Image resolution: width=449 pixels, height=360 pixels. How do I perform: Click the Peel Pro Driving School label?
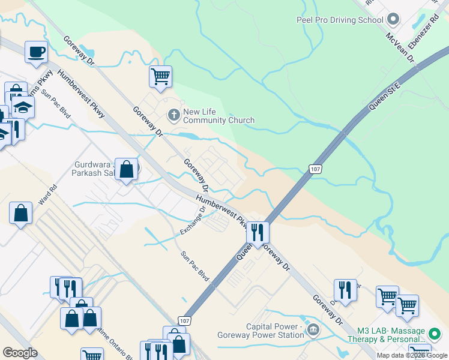[x=340, y=20]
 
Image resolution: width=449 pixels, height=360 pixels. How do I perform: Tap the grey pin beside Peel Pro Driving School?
[x=393, y=20]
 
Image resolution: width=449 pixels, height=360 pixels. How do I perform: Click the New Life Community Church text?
[x=218, y=116]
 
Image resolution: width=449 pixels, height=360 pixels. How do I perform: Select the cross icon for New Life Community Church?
[x=173, y=115]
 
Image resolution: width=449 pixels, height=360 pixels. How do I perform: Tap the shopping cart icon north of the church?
[x=160, y=76]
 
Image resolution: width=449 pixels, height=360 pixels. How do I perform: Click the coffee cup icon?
[x=36, y=52]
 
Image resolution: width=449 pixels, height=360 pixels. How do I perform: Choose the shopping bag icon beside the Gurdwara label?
[x=127, y=169]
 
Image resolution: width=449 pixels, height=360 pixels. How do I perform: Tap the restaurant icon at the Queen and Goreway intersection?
[x=258, y=232]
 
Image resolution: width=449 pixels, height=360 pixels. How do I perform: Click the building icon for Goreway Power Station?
[x=313, y=329]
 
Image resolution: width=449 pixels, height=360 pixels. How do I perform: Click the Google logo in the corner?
[x=20, y=353]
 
